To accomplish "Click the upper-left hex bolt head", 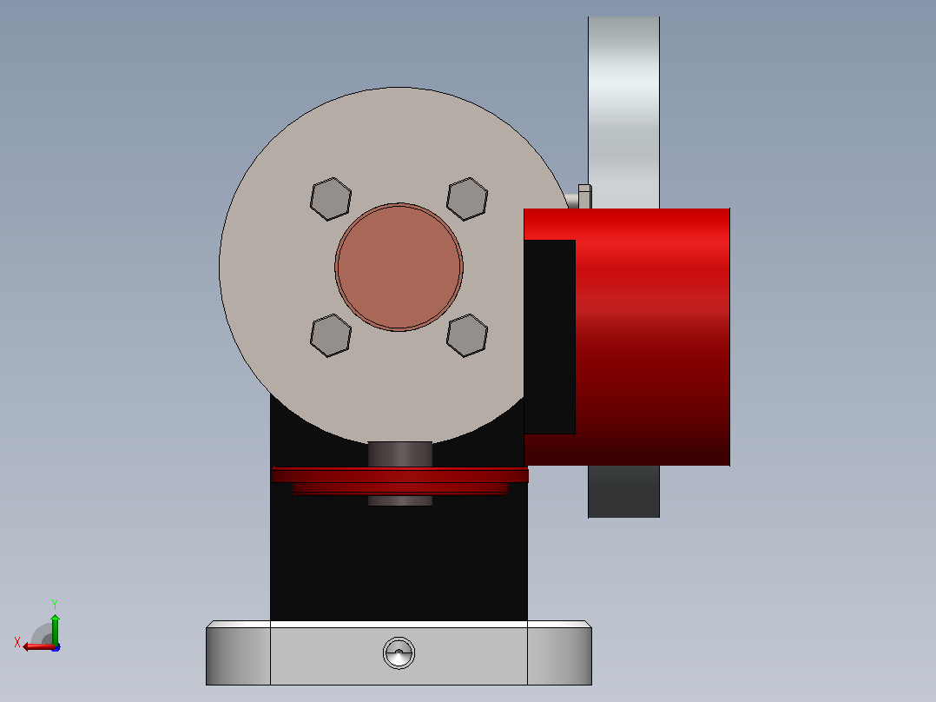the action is pyautogui.click(x=331, y=199).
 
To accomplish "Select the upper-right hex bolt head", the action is pyautogui.click(x=467, y=199).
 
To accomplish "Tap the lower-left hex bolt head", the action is pyautogui.click(x=331, y=335).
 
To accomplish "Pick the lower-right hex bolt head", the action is pyautogui.click(x=467, y=335).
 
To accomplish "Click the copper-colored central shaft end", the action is pyautogui.click(x=399, y=267).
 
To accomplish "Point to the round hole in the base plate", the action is pyautogui.click(x=399, y=652).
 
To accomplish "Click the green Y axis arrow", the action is pyautogui.click(x=55, y=629).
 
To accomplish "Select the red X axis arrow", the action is pyautogui.click(x=39, y=646).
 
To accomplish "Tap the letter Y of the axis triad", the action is pyautogui.click(x=55, y=604).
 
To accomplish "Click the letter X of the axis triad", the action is pyautogui.click(x=17, y=642).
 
